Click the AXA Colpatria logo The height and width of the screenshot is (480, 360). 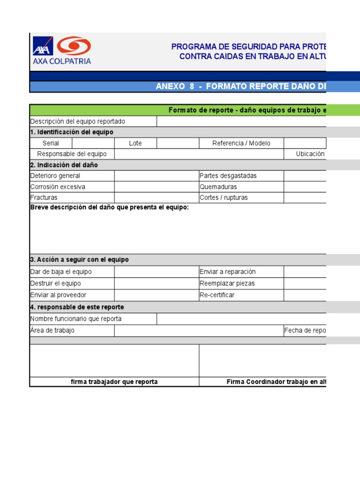click(61, 50)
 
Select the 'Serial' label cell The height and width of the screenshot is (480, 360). click(51, 143)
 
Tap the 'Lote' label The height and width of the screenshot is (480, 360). click(135, 143)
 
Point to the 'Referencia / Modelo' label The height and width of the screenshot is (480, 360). click(241, 143)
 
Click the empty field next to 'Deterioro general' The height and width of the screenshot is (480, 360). click(157, 176)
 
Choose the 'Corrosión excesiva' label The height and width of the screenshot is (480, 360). click(58, 187)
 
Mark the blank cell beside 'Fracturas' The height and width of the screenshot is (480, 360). click(157, 197)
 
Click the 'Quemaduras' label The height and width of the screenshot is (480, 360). click(218, 187)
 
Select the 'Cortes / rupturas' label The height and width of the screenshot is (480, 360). click(224, 197)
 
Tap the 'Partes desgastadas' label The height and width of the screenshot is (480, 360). click(228, 176)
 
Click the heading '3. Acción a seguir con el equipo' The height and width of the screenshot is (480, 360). click(79, 260)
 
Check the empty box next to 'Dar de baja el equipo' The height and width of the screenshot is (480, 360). click(157, 272)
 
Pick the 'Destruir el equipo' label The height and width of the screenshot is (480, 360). click(55, 283)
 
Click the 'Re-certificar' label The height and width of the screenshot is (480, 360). click(217, 295)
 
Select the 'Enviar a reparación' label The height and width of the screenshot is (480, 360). click(227, 272)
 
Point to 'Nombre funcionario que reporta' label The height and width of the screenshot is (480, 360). click(76, 319)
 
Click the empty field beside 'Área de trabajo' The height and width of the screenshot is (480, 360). click(199, 330)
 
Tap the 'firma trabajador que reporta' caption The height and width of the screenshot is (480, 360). click(114, 382)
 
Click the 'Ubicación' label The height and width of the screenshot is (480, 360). click(310, 154)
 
